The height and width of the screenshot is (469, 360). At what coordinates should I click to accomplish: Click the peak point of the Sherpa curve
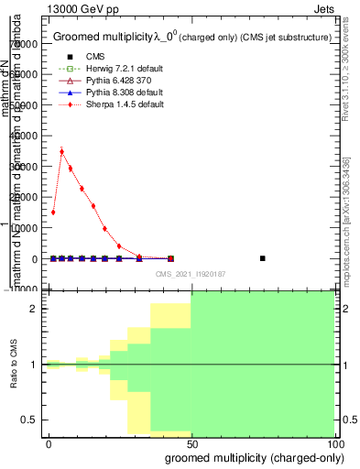click(61, 151)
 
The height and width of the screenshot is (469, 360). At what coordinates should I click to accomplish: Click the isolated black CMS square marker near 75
click(263, 258)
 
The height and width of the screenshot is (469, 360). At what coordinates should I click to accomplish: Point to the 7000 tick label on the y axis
click(27, 44)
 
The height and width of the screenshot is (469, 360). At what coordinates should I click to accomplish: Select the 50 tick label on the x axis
click(191, 442)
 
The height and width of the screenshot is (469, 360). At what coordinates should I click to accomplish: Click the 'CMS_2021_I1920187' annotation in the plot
click(190, 273)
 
